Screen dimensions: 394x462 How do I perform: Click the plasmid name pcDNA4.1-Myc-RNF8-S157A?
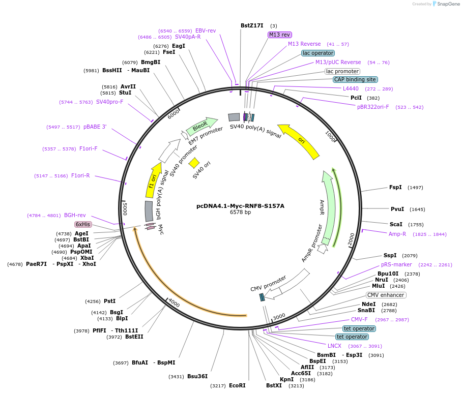point(240,206)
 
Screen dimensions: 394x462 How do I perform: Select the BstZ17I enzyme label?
point(253,25)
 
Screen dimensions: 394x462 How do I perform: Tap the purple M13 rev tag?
point(279,35)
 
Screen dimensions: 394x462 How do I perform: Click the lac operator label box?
point(318,53)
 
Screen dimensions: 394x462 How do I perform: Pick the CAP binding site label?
point(355,79)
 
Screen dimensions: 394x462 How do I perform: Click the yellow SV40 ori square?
point(194,163)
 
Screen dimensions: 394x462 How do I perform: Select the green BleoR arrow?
point(201,126)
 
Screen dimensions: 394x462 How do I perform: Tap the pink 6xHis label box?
point(82,224)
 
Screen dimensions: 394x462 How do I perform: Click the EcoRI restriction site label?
point(237,385)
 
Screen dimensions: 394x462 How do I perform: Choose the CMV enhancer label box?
point(386,295)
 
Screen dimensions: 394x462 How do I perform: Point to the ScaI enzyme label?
point(396,224)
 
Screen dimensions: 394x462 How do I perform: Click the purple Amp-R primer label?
point(397,234)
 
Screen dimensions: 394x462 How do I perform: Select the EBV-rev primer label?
point(206,31)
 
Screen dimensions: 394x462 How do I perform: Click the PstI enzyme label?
point(109,301)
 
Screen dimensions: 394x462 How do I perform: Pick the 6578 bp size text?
point(240,213)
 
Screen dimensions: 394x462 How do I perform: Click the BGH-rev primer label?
point(75,215)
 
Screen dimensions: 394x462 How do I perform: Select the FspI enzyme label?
point(395,187)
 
